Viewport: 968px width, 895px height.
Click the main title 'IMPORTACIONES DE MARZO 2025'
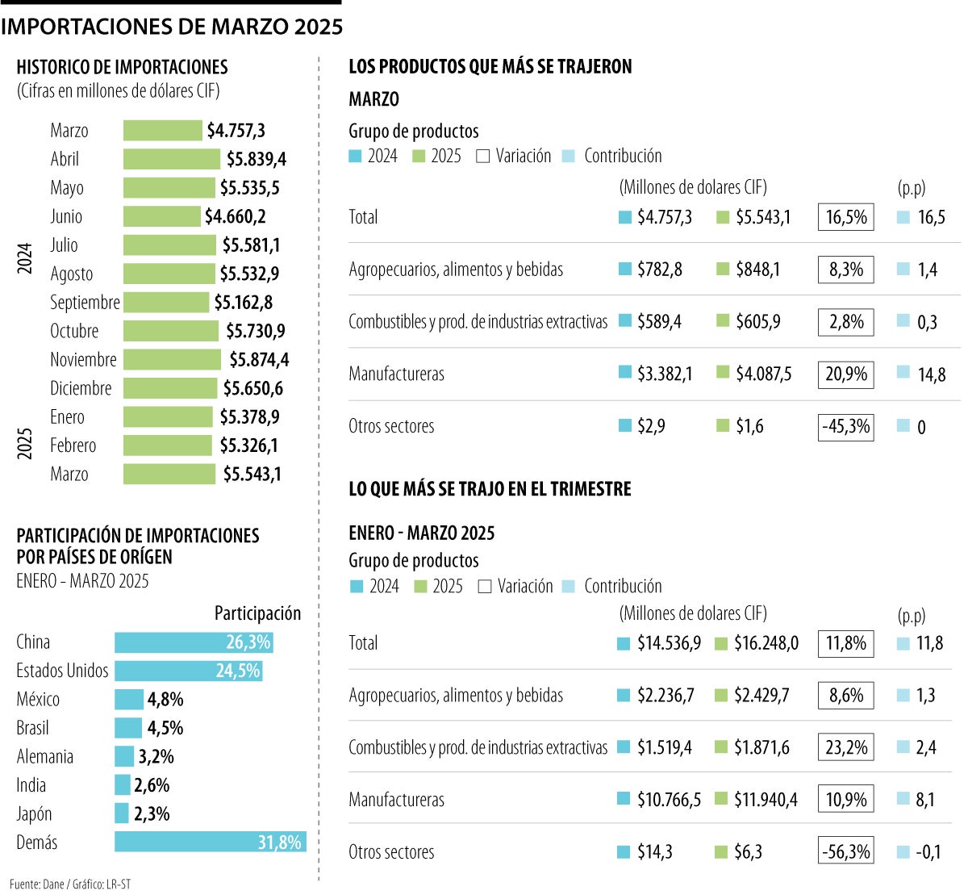[x=172, y=27]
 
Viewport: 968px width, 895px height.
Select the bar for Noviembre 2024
[x=172, y=359]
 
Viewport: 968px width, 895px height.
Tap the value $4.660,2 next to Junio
[x=235, y=216]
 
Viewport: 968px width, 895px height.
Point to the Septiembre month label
[x=85, y=303]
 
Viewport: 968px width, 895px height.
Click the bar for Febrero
[x=167, y=445]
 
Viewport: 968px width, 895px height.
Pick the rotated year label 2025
[x=25, y=444]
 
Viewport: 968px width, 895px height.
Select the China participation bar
[x=194, y=642]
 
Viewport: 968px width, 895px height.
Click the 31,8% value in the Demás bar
[x=279, y=843]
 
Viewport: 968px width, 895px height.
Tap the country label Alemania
[x=45, y=757]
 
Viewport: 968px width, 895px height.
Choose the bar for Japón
[x=122, y=813]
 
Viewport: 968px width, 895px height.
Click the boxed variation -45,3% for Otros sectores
[x=845, y=426]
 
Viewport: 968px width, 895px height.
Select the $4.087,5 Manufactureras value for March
[x=763, y=374]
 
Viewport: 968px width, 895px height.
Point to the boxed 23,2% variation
[x=845, y=747]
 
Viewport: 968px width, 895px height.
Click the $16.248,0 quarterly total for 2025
[x=766, y=643]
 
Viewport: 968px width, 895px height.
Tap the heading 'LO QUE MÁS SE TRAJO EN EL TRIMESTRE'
[x=490, y=489]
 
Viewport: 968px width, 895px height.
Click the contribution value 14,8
[x=932, y=374]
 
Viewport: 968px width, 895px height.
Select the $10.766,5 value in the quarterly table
[x=669, y=800]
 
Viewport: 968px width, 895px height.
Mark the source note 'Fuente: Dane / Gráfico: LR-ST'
[x=70, y=884]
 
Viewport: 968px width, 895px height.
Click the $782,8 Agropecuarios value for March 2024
[x=659, y=270]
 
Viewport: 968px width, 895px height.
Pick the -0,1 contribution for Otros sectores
[x=928, y=852]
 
